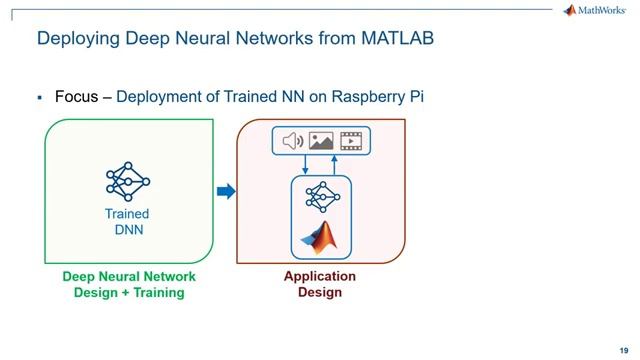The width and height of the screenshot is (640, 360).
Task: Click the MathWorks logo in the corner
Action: pos(597,10)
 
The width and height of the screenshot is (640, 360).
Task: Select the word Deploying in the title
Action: pos(78,39)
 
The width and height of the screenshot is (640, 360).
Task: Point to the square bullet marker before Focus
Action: pos(39,98)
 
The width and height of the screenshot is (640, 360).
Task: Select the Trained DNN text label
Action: pos(127,222)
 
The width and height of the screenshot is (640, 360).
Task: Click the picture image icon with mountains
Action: pos(321,141)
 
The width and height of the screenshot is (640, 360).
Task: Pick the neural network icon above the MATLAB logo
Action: pos(320,198)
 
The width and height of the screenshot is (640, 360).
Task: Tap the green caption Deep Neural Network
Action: pos(129,277)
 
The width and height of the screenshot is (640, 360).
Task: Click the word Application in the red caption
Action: pos(320,277)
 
